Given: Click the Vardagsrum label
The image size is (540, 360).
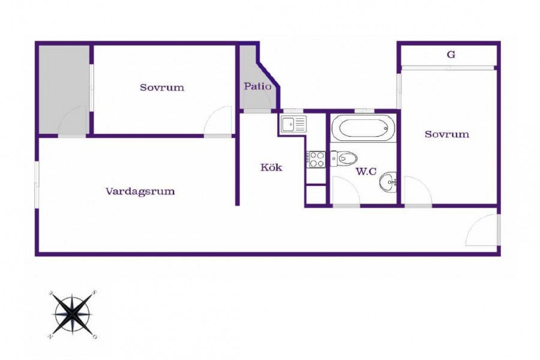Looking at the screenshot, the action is coord(140,191).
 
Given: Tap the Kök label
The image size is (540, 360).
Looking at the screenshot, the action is coord(271,167).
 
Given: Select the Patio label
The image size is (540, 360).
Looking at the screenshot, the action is coord(257,86).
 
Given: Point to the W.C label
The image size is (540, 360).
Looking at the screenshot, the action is coord(366,171).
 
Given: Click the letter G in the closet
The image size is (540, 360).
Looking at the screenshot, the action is coord(451,55).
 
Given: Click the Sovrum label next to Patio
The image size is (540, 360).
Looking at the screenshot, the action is coord(162,88).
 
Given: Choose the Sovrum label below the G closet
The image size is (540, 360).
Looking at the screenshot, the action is coord(446,134).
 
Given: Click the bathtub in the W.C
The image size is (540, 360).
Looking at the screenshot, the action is coord(363,128).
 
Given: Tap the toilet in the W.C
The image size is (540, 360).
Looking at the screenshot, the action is coord(343,159).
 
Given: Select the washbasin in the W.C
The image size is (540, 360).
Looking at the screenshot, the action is coord(388,182).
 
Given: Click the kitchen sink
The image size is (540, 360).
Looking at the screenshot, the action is coord(293,124).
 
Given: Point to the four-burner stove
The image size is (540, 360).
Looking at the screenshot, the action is coord(316,160).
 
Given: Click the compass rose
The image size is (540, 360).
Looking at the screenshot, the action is coord(73,314).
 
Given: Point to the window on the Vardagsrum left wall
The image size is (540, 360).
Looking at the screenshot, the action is coord(37,184).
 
